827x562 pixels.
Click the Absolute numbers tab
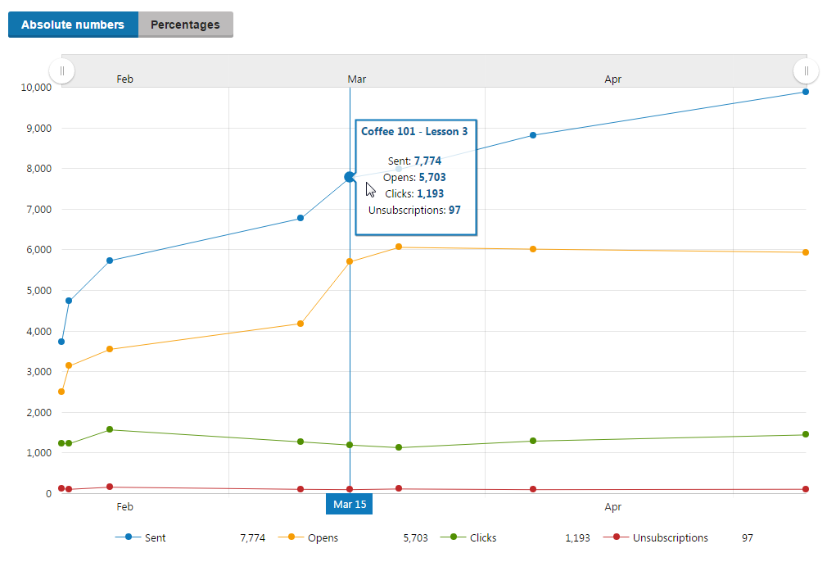[73, 25]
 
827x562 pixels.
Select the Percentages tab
[185, 25]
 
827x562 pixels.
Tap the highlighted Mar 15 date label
[350, 504]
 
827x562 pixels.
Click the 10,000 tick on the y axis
[33, 88]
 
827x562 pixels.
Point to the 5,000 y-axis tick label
[35, 291]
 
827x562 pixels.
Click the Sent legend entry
[155, 538]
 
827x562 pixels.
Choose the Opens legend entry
[322, 538]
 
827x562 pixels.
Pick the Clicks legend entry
[482, 538]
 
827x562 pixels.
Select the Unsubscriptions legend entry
[670, 538]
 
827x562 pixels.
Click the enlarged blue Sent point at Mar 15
[350, 177]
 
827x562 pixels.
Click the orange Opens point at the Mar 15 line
[350, 261]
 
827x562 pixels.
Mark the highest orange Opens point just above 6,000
[399, 247]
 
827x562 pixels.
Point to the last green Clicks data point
[806, 434]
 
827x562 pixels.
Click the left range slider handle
[62, 71]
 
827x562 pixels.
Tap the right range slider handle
[807, 71]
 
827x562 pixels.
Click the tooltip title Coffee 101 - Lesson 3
[414, 131]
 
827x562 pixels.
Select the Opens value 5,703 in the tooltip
[432, 177]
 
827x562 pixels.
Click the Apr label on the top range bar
[613, 79]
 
